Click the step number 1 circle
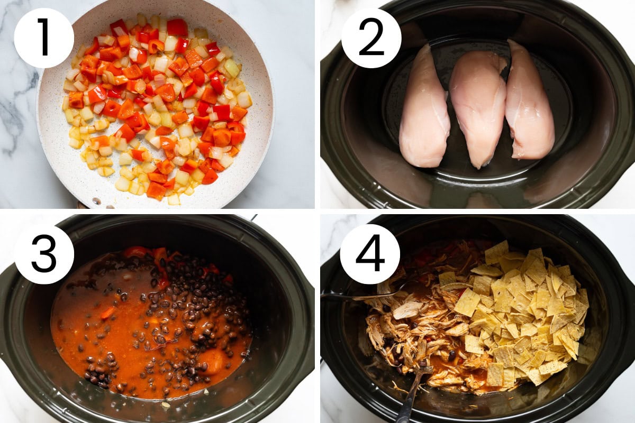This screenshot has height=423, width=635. click(44, 38)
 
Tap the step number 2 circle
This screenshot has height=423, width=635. click(371, 38)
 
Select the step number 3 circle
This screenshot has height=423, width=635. click(44, 254)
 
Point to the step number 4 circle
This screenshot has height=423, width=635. click(370, 254)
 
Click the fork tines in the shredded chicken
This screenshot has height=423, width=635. click(425, 368)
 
